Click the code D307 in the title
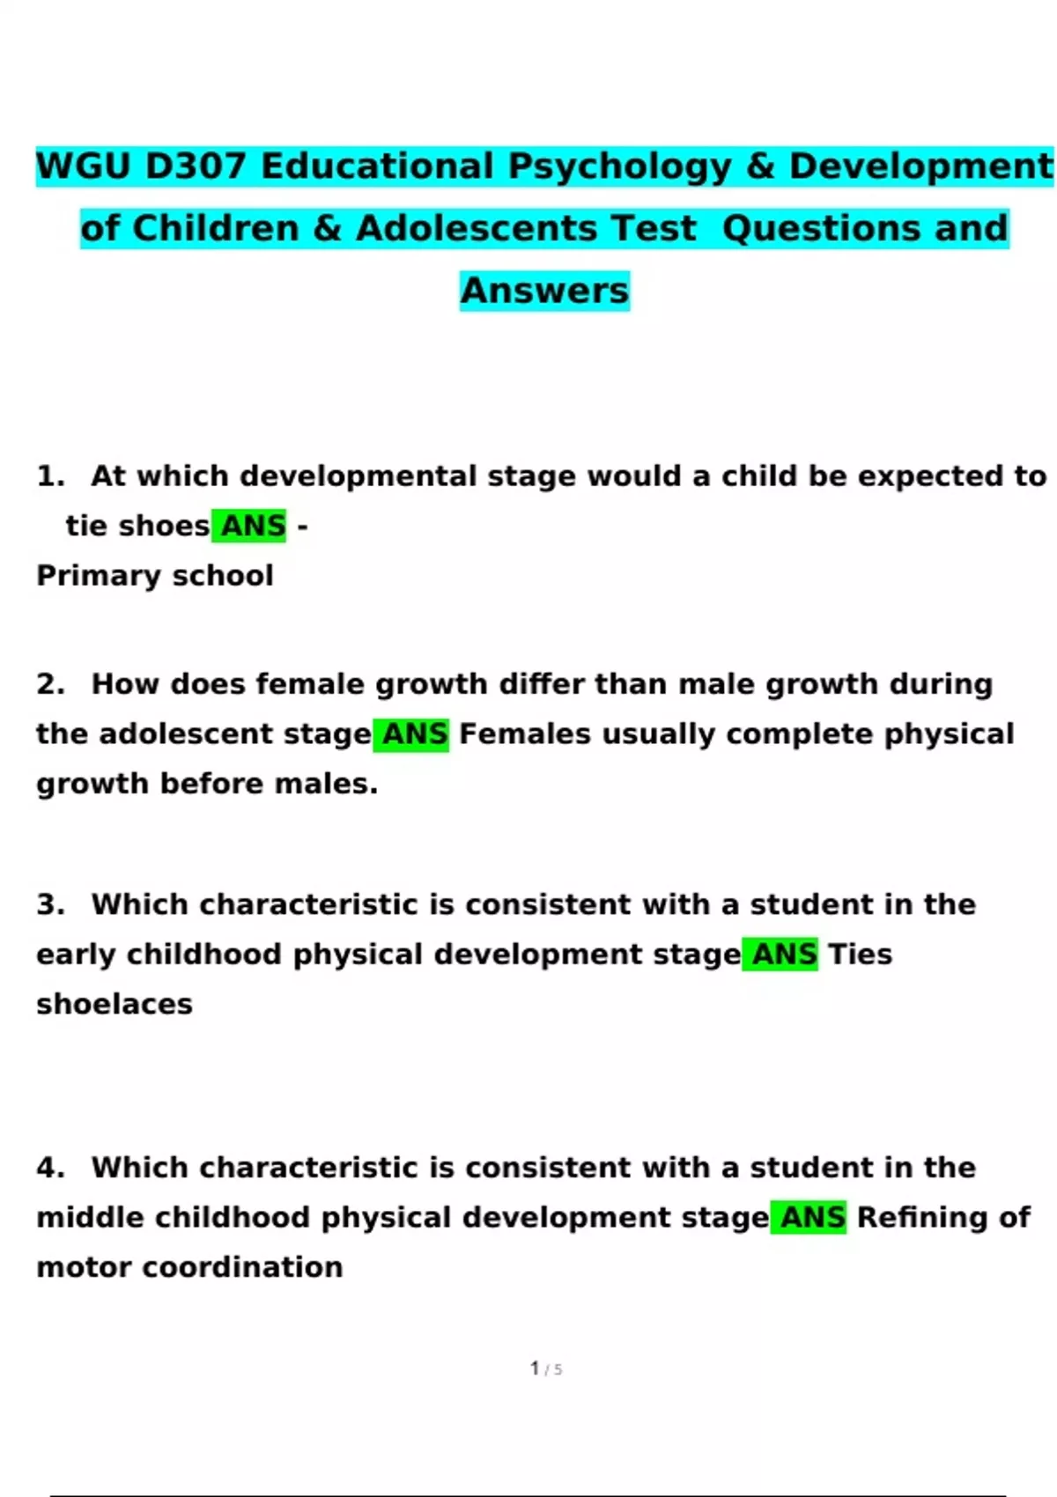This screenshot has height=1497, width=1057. (x=196, y=166)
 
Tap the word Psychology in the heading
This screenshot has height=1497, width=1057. (x=619, y=166)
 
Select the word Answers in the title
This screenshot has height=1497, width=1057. (x=544, y=291)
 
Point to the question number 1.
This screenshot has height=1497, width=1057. (x=50, y=476)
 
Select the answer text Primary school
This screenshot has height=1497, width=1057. (x=155, y=576)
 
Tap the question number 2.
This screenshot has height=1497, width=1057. (x=50, y=684)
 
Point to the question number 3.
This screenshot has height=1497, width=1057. (x=50, y=904)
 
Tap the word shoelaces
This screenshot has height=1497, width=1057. (x=115, y=1005)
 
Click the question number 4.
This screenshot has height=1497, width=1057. (x=50, y=1168)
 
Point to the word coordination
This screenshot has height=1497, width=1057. (x=242, y=1267)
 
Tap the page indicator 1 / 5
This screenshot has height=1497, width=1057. (x=545, y=1368)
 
